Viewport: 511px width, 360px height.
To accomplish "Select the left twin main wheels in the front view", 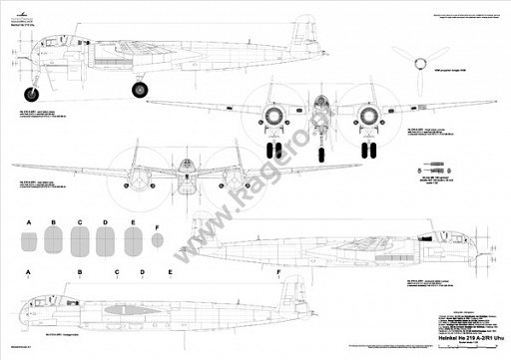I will point(276,151).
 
